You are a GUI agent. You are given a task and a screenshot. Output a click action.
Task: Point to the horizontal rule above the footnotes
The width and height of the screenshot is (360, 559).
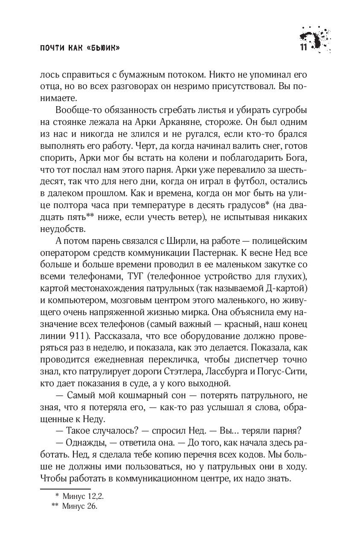tap(65, 489)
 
